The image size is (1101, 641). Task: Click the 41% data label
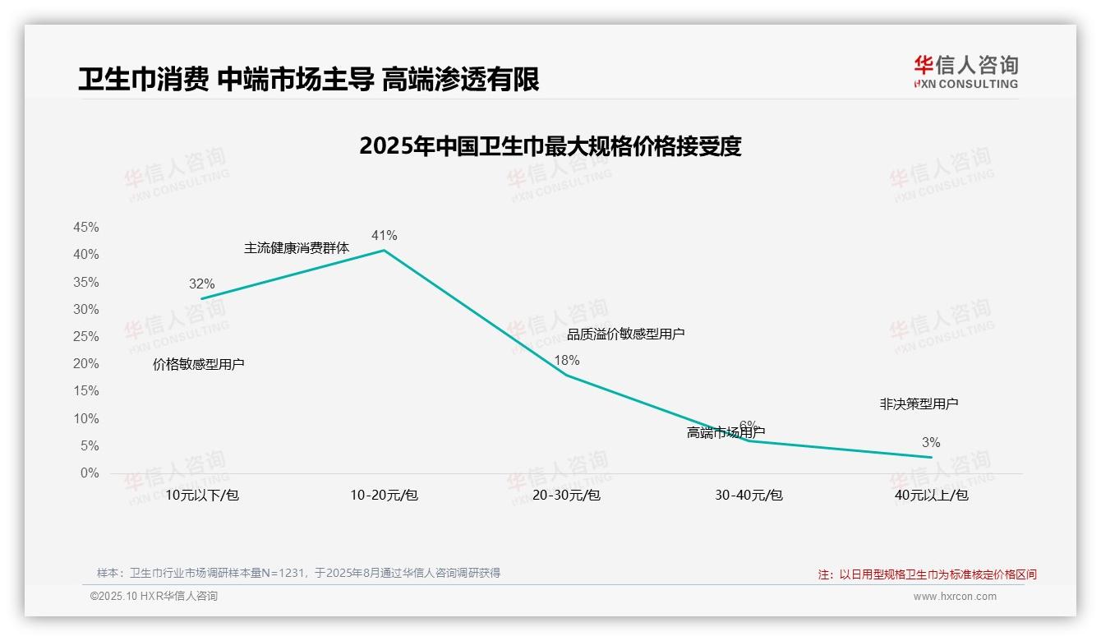(x=384, y=236)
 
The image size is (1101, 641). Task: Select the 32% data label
(x=201, y=284)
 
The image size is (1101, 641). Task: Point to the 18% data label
(x=566, y=360)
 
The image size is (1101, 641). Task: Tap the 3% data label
(x=931, y=443)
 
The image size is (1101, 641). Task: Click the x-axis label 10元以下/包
(x=202, y=495)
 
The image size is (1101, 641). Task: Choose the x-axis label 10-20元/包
(x=384, y=495)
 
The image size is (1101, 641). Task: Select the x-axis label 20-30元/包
(x=566, y=495)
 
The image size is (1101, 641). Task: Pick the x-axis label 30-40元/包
(x=749, y=495)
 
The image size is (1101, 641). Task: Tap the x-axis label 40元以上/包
(x=931, y=495)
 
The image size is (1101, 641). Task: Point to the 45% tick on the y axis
(x=86, y=227)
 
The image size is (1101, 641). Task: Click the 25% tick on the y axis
(x=86, y=336)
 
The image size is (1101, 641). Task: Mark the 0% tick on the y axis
(x=90, y=473)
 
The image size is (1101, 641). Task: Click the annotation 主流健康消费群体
(x=297, y=247)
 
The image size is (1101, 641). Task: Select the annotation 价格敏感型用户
(x=199, y=364)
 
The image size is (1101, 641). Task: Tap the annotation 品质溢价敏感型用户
(x=625, y=334)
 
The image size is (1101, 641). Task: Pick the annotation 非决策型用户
(x=919, y=404)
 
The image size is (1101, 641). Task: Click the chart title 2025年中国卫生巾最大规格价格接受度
(x=550, y=146)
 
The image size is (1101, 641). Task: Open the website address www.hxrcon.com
(x=955, y=597)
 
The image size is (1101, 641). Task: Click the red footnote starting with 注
(x=927, y=574)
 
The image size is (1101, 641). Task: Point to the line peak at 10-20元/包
(x=384, y=250)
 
